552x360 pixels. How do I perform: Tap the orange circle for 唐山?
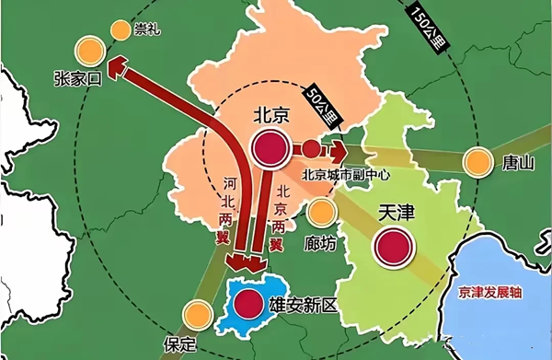(x=477, y=163)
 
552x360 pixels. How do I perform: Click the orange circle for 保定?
(x=195, y=315)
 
